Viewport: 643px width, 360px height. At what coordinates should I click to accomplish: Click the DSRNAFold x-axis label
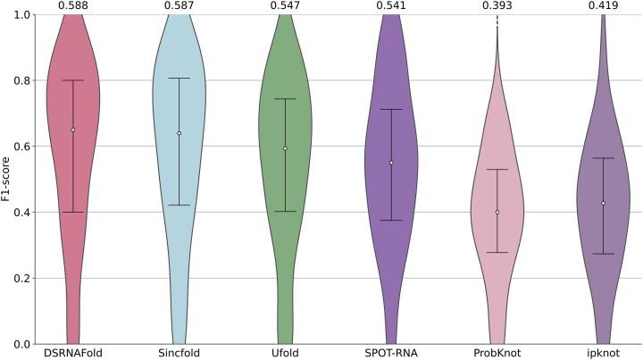point(72,354)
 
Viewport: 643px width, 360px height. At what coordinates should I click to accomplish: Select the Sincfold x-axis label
point(179,354)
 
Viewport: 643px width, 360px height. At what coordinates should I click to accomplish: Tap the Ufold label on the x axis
point(285,354)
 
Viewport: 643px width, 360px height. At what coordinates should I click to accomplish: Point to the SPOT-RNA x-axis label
point(391,354)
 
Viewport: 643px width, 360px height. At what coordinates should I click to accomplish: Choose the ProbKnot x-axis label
point(497,354)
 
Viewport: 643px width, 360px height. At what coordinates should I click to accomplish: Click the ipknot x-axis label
point(604,354)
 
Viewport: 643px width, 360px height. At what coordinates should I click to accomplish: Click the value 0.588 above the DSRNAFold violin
point(72,6)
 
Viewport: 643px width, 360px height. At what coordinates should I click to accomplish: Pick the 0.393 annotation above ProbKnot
point(497,6)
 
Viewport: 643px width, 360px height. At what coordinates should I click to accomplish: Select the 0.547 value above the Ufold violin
point(285,6)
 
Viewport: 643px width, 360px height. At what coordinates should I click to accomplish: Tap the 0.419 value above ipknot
point(604,6)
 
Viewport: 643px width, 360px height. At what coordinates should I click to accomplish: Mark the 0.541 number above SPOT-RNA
point(391,6)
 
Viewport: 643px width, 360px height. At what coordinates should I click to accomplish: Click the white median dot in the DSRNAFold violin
point(72,130)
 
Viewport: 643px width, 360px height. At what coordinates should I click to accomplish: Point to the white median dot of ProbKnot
point(497,212)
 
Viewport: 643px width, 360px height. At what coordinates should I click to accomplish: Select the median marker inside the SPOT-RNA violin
point(391,163)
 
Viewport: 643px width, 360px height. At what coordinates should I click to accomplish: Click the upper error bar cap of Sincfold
point(179,79)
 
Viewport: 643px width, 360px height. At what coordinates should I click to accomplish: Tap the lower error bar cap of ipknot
point(604,254)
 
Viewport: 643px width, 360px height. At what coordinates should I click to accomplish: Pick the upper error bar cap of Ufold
point(285,99)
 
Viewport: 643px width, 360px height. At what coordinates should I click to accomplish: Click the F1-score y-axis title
point(8,180)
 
